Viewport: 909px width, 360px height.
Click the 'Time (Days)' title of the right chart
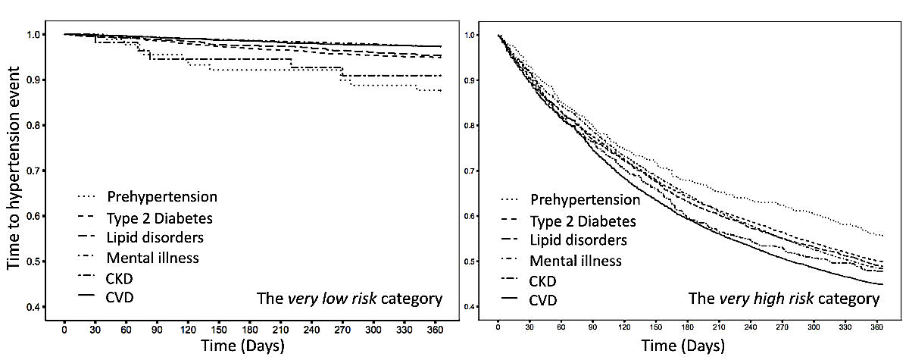click(683, 346)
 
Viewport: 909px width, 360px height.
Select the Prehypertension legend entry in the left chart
click(162, 197)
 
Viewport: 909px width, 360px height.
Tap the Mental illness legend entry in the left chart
click(153, 257)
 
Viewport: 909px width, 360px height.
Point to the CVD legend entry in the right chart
click(543, 301)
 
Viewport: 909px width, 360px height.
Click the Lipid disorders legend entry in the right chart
click(578, 241)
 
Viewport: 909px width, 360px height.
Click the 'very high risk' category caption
click(783, 299)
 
